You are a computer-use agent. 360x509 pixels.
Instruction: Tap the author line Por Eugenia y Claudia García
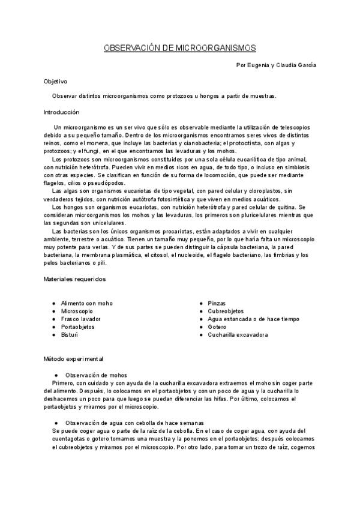[277, 65]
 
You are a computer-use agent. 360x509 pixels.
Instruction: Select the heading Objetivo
[55, 80]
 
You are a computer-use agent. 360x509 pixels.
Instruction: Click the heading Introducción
[61, 112]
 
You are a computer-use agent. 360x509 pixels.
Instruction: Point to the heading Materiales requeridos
[74, 279]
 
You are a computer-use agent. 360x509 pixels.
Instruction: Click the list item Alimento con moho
[86, 304]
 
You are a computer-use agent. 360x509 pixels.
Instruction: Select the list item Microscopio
[77, 312]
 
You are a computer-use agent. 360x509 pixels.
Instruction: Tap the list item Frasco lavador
[80, 319]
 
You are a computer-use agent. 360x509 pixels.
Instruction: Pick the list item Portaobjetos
[78, 327]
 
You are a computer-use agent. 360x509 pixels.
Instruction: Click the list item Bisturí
[70, 335]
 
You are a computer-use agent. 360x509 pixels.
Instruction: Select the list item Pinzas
[217, 304]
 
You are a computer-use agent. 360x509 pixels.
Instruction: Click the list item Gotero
[217, 327]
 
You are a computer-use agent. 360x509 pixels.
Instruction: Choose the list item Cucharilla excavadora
[238, 335]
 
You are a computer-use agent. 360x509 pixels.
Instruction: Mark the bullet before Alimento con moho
[54, 304]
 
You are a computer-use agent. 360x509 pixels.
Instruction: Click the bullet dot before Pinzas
[201, 304]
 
